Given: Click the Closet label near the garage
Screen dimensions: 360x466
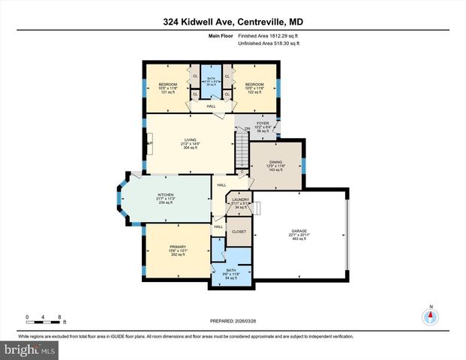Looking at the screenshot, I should coord(239,232).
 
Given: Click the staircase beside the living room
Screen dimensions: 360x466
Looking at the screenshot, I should coord(242,154).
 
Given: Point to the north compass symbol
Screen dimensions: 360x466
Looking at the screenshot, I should coord(431,316).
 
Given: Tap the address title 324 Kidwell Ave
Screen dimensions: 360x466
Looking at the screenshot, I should coord(233,22).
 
